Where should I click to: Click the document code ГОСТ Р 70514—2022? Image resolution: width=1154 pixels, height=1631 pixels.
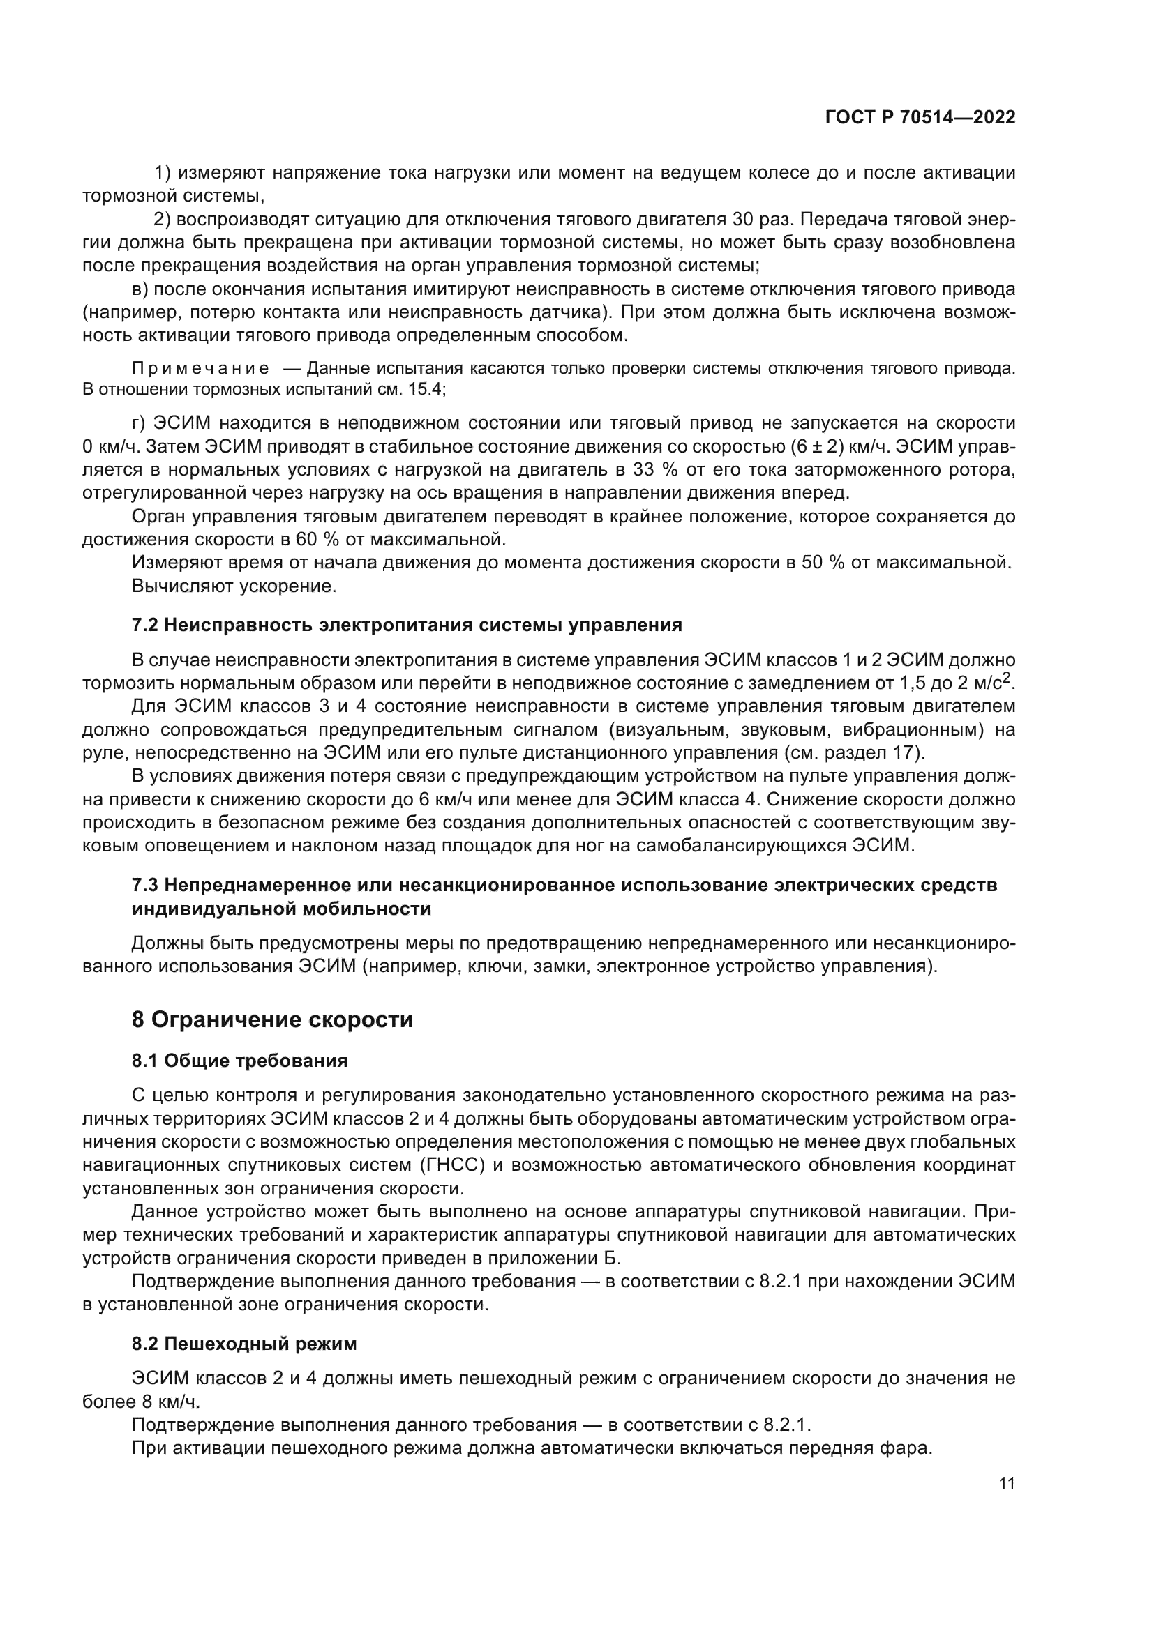[x=920, y=118]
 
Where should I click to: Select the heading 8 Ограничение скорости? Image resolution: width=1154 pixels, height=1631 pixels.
[x=272, y=1020]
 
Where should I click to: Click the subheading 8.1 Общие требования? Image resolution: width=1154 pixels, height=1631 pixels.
[x=239, y=1061]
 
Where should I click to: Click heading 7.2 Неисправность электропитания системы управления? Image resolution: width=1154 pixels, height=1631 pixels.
[x=407, y=625]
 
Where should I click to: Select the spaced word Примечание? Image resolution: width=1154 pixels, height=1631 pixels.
[x=201, y=369]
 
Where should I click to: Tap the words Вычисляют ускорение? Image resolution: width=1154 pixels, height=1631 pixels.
[x=234, y=586]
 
